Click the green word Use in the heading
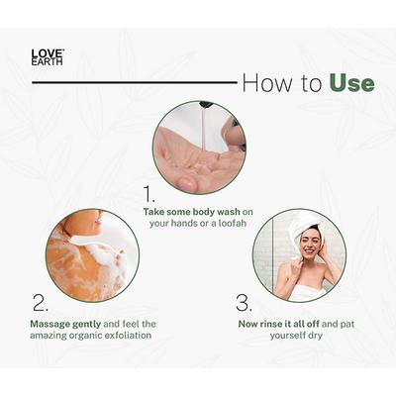click(x=351, y=82)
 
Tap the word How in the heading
click(x=264, y=82)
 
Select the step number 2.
click(x=40, y=302)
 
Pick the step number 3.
click(x=244, y=302)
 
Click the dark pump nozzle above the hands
click(x=205, y=105)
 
